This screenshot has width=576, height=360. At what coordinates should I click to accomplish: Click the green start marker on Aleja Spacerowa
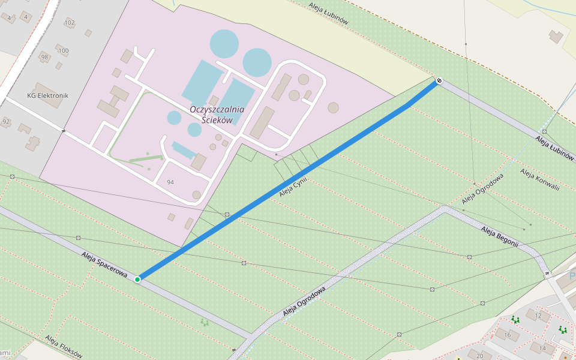137,279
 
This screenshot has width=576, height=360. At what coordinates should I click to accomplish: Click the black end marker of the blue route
439,80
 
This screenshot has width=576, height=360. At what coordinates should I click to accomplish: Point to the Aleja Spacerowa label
104,264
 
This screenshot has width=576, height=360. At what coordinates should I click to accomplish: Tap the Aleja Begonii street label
499,236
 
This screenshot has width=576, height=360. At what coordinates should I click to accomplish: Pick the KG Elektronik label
48,95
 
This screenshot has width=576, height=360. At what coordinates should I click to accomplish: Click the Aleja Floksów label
63,346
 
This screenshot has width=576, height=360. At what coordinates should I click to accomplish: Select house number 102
69,23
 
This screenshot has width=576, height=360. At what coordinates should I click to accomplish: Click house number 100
63,51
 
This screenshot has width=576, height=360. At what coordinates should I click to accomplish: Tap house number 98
44,57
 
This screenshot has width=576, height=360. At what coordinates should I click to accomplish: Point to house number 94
170,182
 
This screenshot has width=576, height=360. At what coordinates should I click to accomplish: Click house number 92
6,122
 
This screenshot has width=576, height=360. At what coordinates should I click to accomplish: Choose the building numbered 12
538,316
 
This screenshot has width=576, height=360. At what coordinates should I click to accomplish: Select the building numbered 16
508,335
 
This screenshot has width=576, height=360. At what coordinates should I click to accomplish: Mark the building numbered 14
542,348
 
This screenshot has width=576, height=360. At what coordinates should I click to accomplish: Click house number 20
479,356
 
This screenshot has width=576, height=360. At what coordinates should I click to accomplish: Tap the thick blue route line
288,180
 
